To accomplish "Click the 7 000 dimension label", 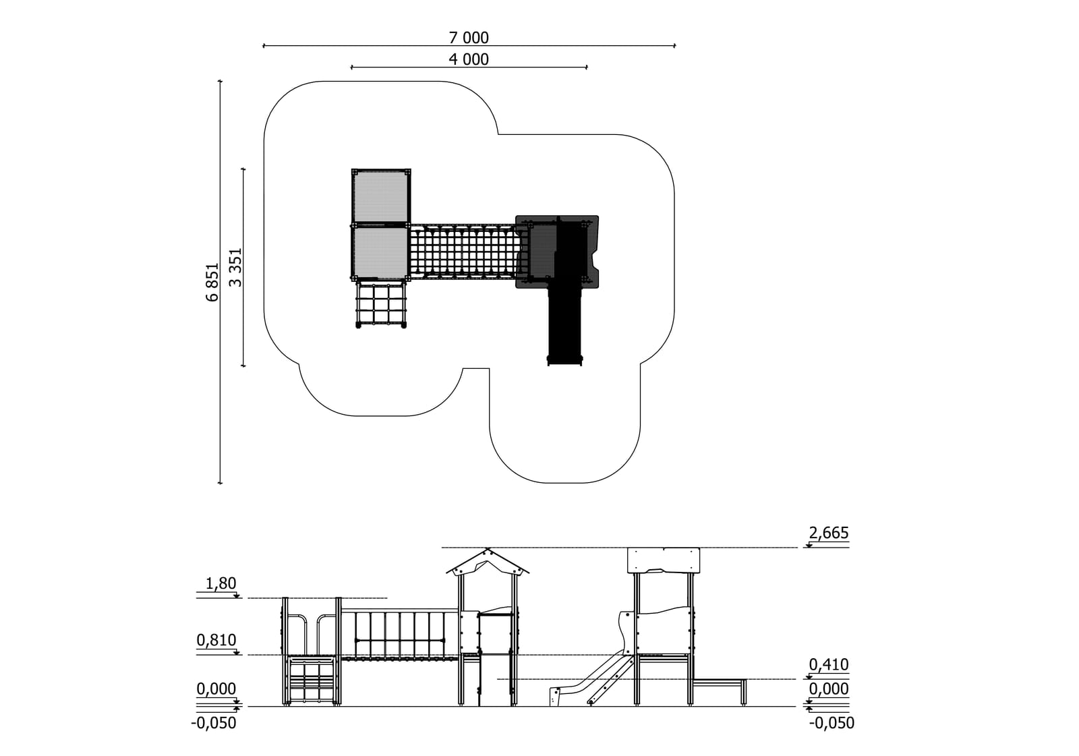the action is (469, 37).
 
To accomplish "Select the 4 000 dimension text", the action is (469, 59).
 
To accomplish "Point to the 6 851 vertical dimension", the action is (212, 282).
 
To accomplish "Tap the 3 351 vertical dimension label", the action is (235, 268).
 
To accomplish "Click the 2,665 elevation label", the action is (829, 532).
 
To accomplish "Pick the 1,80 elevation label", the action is (221, 583).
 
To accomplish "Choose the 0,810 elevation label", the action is (216, 640).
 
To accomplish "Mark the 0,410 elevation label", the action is (829, 664).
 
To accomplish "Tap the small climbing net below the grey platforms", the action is (381, 305).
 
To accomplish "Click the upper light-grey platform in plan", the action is (381, 196).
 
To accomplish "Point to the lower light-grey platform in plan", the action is (381, 252).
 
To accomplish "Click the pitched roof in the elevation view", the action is (488, 561).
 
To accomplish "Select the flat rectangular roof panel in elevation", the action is (664, 560).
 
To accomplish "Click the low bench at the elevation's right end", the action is (720, 691).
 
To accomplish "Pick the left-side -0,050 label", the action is (213, 723).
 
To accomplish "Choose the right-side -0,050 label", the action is (832, 723).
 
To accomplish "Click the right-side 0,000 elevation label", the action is (829, 689).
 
